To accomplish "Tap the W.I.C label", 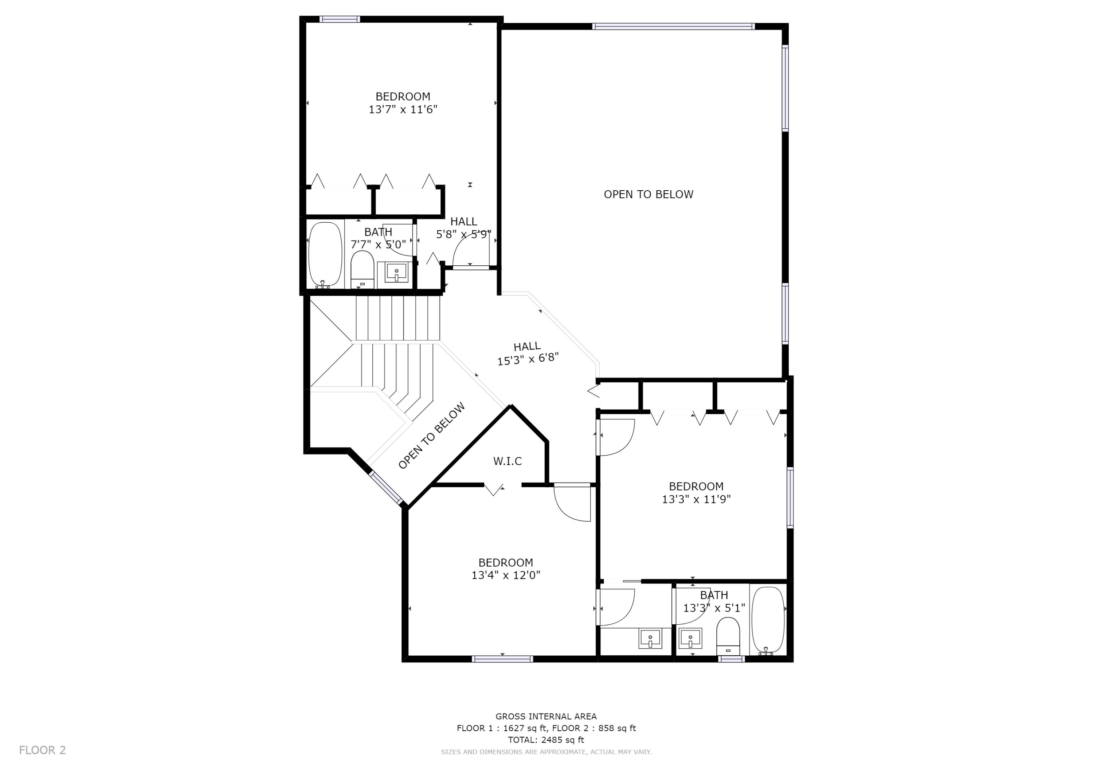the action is pos(508,461).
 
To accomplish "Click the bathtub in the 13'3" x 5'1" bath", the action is pos(767,621).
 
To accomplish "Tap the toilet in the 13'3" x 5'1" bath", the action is pos(728,636).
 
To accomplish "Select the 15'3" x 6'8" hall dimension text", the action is pos(528,359).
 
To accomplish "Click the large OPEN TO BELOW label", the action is pos(649,194).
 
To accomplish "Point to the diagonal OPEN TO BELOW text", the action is pos(431,436).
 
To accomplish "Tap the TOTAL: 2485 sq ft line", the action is pos(546,740).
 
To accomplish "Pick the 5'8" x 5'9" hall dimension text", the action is pos(464,234).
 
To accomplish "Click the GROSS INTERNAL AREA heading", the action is pos(546,716).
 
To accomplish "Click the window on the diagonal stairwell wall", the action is pos(386,488).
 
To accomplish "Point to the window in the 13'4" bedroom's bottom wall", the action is pos(502,659).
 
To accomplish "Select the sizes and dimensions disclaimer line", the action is pos(546,752).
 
